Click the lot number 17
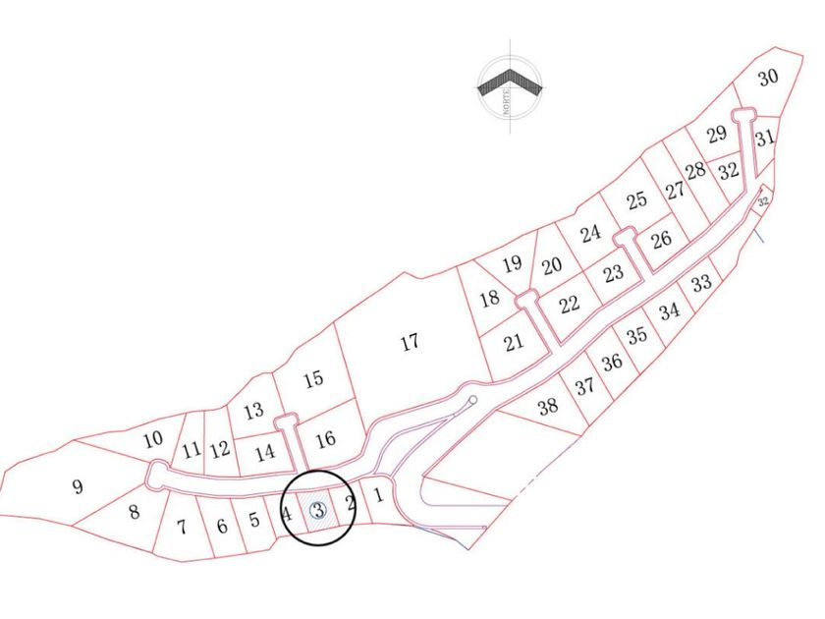[x=411, y=342]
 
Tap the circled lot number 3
[x=318, y=510]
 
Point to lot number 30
[x=768, y=78]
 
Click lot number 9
[x=78, y=485]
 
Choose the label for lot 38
[x=548, y=405]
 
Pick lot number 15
[x=313, y=379]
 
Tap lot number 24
[x=590, y=234]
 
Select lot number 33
[x=700, y=284]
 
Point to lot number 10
[x=153, y=439]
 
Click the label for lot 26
[x=661, y=239]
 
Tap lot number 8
[x=134, y=511]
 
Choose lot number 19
[x=511, y=263]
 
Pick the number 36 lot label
[x=612, y=362]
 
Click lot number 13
[x=253, y=411]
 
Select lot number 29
[x=717, y=134]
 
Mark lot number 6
[x=222, y=526]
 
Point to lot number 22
[x=570, y=304]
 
